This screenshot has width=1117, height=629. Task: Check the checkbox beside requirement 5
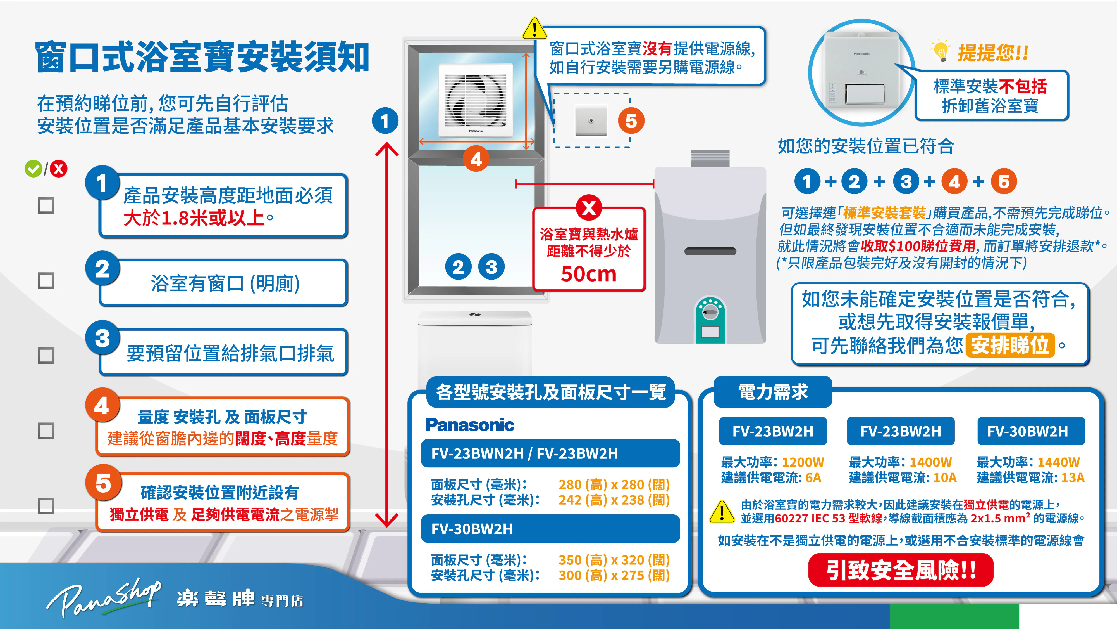coord(46,506)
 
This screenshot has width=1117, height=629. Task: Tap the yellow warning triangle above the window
coord(535,29)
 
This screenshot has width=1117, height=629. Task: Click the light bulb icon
coord(940,51)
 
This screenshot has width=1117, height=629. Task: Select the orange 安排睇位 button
coord(1010,346)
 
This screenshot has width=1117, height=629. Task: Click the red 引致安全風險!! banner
coord(901,570)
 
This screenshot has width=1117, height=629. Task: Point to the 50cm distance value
coord(588,274)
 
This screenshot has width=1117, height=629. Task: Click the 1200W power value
coord(803,462)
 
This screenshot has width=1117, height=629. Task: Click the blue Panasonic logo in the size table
coord(470,425)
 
